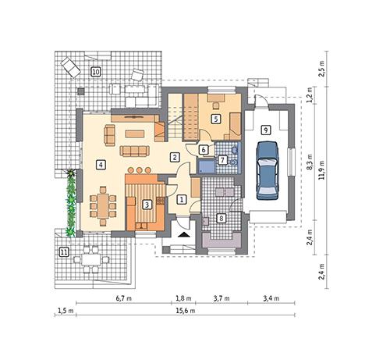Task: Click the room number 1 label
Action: tap(182, 200)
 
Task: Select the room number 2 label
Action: tap(175, 157)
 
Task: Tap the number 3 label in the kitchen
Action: tap(147, 205)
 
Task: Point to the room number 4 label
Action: tap(101, 164)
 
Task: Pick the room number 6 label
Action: tap(203, 150)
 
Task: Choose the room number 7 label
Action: tap(222, 160)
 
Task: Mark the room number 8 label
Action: tap(222, 218)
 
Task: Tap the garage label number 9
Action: tap(266, 129)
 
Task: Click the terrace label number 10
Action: tap(95, 72)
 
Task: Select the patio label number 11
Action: tap(64, 251)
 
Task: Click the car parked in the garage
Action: tap(268, 169)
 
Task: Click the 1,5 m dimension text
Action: tap(65, 310)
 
